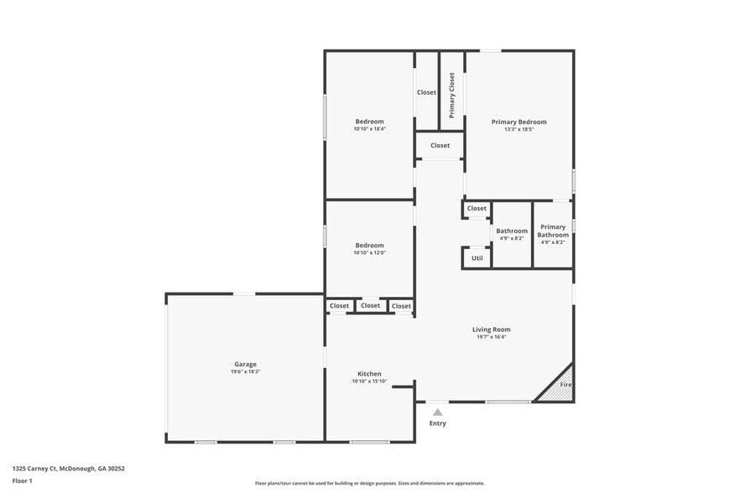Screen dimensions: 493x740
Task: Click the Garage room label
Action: pos(245,364)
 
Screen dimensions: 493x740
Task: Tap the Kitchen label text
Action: pos(369,374)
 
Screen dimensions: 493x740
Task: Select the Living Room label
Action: pos(491,330)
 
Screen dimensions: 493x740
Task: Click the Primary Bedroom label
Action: pos(519,122)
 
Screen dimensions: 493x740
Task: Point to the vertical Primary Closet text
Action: pos(451,94)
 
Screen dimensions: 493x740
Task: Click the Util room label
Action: pos(477,258)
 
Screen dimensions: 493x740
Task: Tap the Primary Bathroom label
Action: pos(553,231)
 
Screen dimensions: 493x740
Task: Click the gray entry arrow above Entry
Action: pos(437,412)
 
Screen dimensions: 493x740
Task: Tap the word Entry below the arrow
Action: pos(437,423)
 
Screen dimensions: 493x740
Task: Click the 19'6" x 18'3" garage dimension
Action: pos(245,371)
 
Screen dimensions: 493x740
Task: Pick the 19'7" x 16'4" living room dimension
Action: pos(491,337)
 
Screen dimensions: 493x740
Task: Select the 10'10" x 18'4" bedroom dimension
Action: pos(369,129)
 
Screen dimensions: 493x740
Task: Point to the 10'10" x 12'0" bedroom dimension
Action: pos(369,252)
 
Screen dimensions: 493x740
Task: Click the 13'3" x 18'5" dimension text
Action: pos(519,129)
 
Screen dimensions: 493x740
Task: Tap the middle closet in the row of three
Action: pos(370,305)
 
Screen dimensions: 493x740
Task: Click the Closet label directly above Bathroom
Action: pos(477,208)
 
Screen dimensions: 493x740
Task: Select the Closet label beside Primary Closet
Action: pos(426,92)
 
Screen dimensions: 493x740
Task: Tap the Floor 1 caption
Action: pos(23,480)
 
